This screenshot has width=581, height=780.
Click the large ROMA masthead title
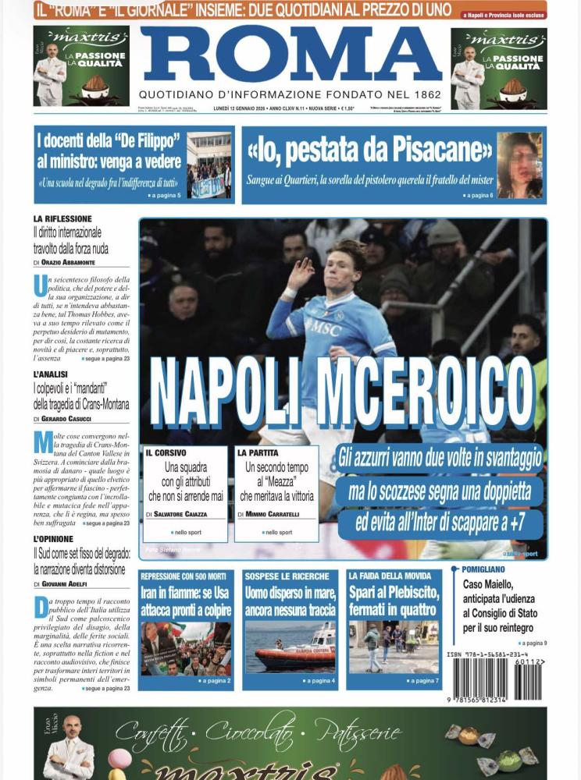[290, 54]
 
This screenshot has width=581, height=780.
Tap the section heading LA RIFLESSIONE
[62, 219]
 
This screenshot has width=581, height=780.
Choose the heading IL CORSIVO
[165, 452]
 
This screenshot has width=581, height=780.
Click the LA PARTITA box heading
[258, 452]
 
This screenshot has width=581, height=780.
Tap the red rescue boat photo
[290, 647]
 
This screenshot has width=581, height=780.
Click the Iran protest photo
[185, 647]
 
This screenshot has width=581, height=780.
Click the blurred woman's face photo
[519, 165]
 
